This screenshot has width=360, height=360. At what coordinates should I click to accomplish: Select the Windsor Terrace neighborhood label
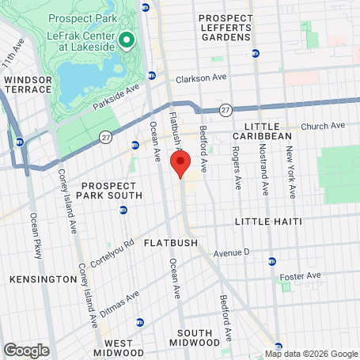[x=28, y=85]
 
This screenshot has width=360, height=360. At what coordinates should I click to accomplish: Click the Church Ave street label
[x=324, y=126]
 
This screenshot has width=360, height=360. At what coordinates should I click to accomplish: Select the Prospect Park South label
[x=112, y=189]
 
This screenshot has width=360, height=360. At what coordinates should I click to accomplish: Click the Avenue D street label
[x=231, y=253]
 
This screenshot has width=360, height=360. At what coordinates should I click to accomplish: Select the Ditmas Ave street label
[x=121, y=303]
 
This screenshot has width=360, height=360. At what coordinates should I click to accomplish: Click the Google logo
[x=26, y=350]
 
